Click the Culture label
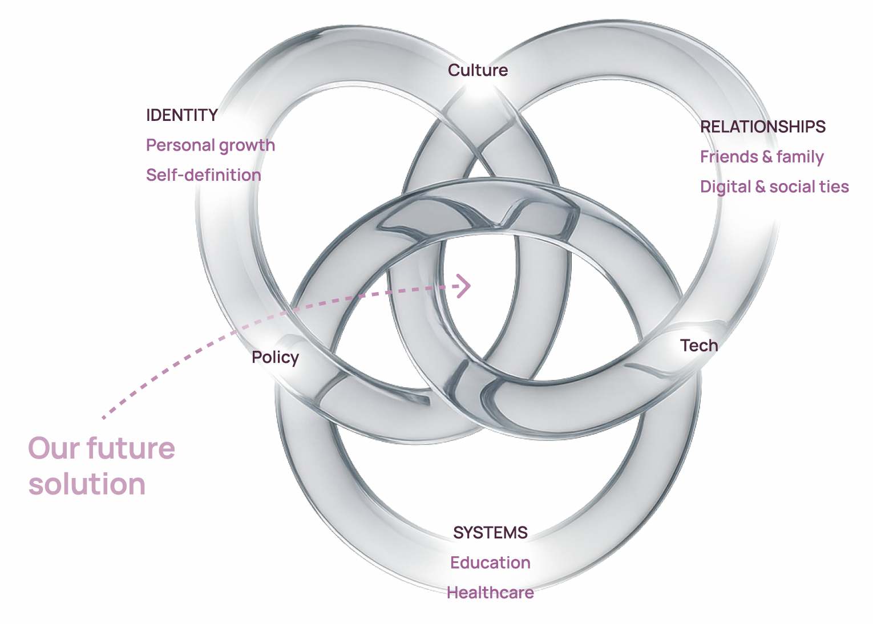point(478,70)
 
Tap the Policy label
point(275,358)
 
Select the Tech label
point(699,346)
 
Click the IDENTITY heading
point(182,115)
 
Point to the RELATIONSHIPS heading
point(763,127)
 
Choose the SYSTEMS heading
point(490,533)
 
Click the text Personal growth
point(211,146)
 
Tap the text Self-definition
point(204,175)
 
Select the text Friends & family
point(762,157)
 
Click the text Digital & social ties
point(774,187)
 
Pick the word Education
point(490,562)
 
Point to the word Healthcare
point(490,593)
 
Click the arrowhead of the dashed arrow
point(469,286)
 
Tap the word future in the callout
point(131,448)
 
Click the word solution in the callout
point(87,484)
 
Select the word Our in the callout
point(54,449)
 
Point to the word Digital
point(725,187)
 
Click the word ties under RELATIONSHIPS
point(835,187)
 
